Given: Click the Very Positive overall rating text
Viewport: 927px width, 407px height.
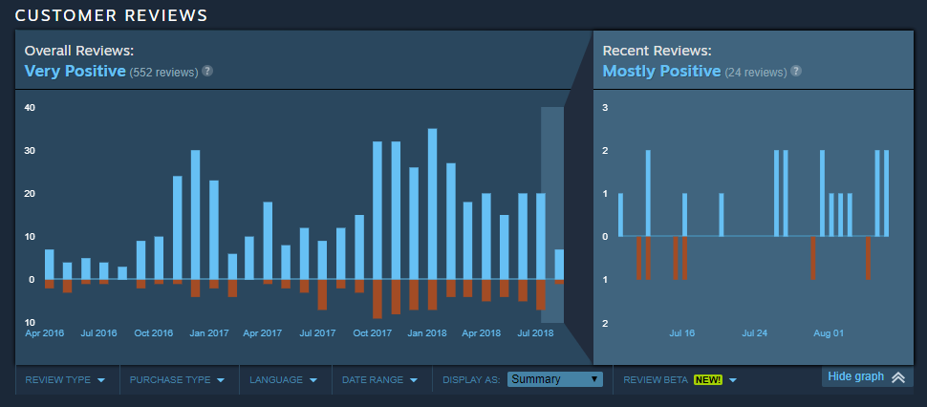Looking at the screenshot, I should pos(75,71).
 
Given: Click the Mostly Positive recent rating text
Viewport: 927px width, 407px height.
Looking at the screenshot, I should pos(661,71).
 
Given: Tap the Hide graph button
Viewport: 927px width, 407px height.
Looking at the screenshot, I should pos(866,376).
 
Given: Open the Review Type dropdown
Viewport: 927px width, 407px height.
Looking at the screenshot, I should pos(65,380).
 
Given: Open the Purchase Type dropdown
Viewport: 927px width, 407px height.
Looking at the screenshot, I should pos(177,380).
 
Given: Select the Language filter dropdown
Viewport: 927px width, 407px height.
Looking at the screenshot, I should pos(283,380).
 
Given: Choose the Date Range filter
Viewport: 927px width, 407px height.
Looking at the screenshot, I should pos(378,380).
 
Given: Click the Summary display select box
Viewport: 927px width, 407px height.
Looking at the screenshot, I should pos(555,379).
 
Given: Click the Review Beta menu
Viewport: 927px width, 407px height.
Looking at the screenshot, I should pos(679,380).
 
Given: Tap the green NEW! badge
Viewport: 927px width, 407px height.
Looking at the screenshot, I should pos(708,380).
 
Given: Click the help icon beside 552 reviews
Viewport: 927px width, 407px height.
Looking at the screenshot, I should pos(207,71).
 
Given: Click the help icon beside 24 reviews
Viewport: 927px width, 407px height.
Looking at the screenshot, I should pos(796,71).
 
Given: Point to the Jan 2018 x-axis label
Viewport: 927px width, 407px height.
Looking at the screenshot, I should pos(427,333).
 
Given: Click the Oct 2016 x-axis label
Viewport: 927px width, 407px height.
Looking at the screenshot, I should pos(154,333).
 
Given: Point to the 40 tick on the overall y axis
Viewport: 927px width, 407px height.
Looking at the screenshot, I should pos(30,108).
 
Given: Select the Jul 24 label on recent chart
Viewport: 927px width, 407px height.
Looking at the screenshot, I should pos(755,333).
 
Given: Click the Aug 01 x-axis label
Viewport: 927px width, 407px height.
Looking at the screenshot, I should pos(829,333).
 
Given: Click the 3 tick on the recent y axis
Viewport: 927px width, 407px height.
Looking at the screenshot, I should pos(605,108).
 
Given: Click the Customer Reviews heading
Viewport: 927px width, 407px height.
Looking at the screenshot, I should pos(112,14).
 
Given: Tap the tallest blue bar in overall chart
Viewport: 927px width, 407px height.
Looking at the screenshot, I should pos(433,203).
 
